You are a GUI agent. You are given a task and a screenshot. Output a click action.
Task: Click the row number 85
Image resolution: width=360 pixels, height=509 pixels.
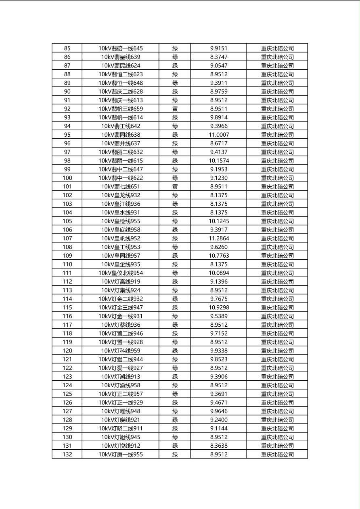[67, 48]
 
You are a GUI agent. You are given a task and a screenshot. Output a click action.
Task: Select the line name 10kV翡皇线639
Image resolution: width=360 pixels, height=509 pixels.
[121, 57]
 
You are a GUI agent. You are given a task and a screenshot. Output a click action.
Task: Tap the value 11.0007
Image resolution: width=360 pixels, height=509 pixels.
[219, 135]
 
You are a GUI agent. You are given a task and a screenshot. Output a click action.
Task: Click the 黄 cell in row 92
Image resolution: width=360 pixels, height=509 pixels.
[175, 109]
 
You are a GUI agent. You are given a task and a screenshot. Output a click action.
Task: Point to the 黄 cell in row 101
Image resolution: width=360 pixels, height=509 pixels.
[175, 186]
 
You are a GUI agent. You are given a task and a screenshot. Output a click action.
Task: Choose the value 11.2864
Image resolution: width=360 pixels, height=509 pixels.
[219, 238]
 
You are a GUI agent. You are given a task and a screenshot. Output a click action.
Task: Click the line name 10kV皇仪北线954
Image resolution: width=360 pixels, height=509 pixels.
[121, 273]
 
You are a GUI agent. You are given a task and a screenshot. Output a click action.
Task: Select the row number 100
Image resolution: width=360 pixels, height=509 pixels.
[67, 178]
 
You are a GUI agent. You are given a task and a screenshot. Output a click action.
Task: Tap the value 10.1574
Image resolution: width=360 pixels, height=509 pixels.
[219, 161]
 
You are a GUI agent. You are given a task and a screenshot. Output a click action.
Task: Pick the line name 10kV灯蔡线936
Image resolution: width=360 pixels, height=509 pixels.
[121, 325]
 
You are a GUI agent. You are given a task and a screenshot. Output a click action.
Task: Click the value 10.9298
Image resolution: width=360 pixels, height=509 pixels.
[219, 307]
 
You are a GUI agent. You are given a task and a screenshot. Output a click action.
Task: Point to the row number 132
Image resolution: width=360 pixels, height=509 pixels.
[67, 455]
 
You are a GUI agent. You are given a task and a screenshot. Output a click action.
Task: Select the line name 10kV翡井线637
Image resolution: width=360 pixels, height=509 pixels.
[121, 143]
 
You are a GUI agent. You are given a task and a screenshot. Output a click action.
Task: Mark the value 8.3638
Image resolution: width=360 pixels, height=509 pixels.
[219, 446]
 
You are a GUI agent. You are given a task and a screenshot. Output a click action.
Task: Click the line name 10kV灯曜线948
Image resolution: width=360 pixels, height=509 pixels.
[121, 411]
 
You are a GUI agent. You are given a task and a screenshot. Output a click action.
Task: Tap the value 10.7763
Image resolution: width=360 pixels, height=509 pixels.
[219, 256]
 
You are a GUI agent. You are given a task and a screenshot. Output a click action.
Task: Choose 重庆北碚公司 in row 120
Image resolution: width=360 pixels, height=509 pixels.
[277, 351]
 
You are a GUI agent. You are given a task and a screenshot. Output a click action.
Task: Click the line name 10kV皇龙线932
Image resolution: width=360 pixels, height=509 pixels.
[121, 195]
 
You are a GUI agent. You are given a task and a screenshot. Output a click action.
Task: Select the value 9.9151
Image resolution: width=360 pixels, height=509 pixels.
[219, 48]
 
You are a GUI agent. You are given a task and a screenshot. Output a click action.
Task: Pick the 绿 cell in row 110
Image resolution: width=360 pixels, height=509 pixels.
[175, 264]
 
